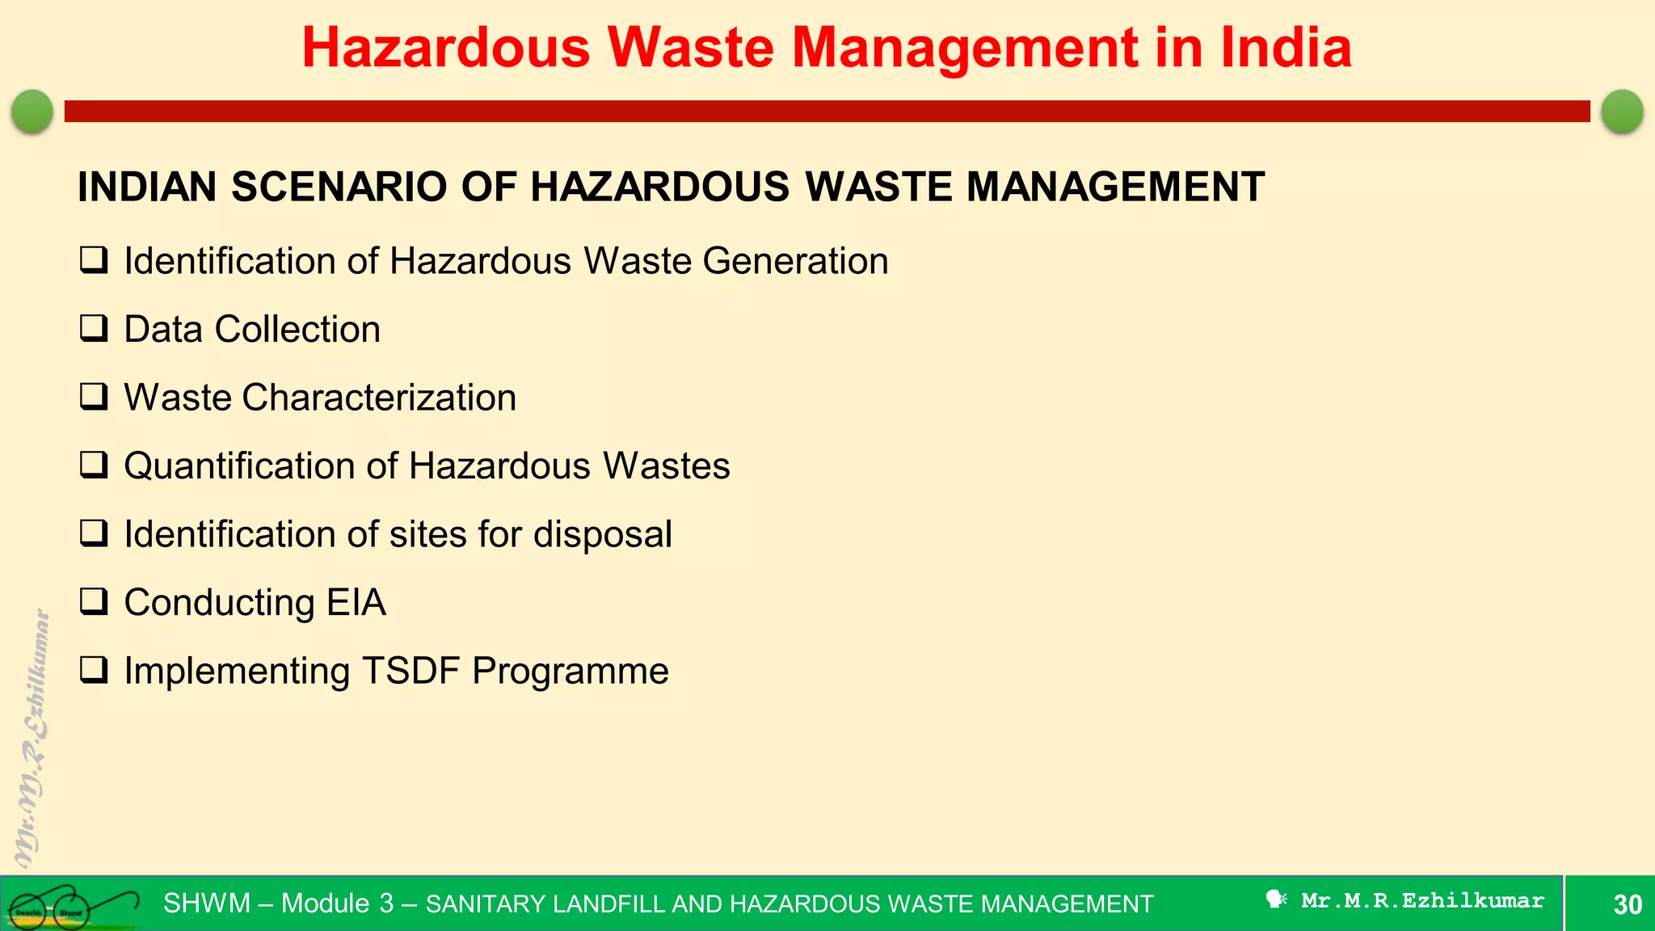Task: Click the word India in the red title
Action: coord(1286,48)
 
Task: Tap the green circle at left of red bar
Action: coord(32,111)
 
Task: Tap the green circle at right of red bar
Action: coord(1622,111)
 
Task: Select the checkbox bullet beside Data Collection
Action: coord(94,329)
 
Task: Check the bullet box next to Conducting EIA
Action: coord(94,602)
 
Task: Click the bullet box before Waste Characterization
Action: coord(94,397)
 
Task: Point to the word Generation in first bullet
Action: coord(795,261)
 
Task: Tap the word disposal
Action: coord(602,535)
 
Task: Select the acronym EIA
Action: coord(356,603)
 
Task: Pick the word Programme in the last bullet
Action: coord(571,672)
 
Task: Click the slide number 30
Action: coord(1628,904)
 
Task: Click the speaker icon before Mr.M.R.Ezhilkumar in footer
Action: coord(1276,899)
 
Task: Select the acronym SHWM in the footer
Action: coord(207,904)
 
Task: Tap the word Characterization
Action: coord(379,398)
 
